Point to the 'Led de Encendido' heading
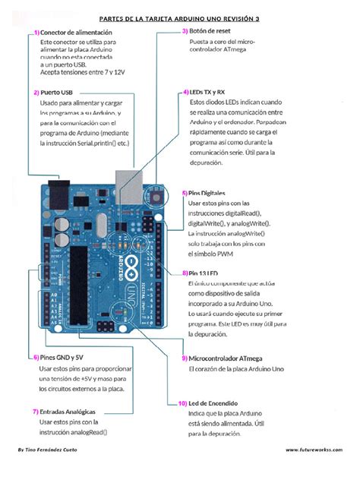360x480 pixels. pos(213,403)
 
